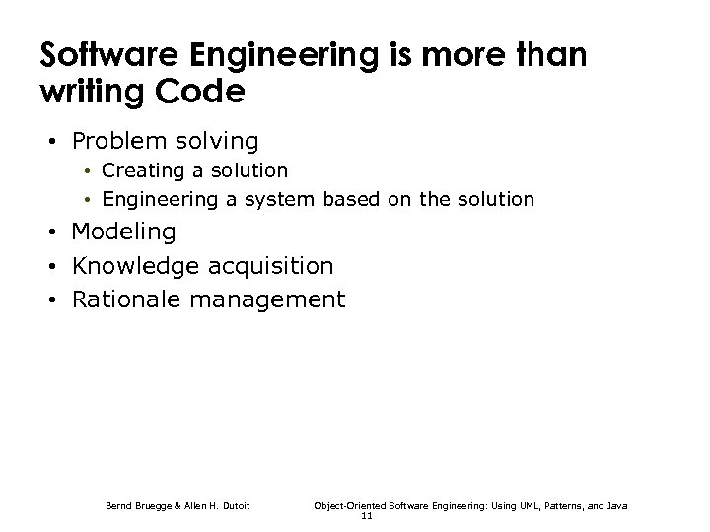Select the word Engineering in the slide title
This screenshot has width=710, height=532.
tap(258, 57)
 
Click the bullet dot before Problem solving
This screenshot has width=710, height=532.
tap(51, 142)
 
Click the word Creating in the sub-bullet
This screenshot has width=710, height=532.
tap(143, 171)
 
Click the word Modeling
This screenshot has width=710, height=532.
tap(124, 233)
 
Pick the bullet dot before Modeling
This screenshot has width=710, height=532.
tap(51, 233)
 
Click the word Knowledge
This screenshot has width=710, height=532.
tap(133, 266)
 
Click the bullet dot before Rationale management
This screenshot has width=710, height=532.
tap(51, 299)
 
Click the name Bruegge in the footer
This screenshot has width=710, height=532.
tap(153, 505)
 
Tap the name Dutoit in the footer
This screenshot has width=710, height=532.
tap(233, 505)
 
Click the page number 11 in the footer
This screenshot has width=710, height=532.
tap(367, 515)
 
